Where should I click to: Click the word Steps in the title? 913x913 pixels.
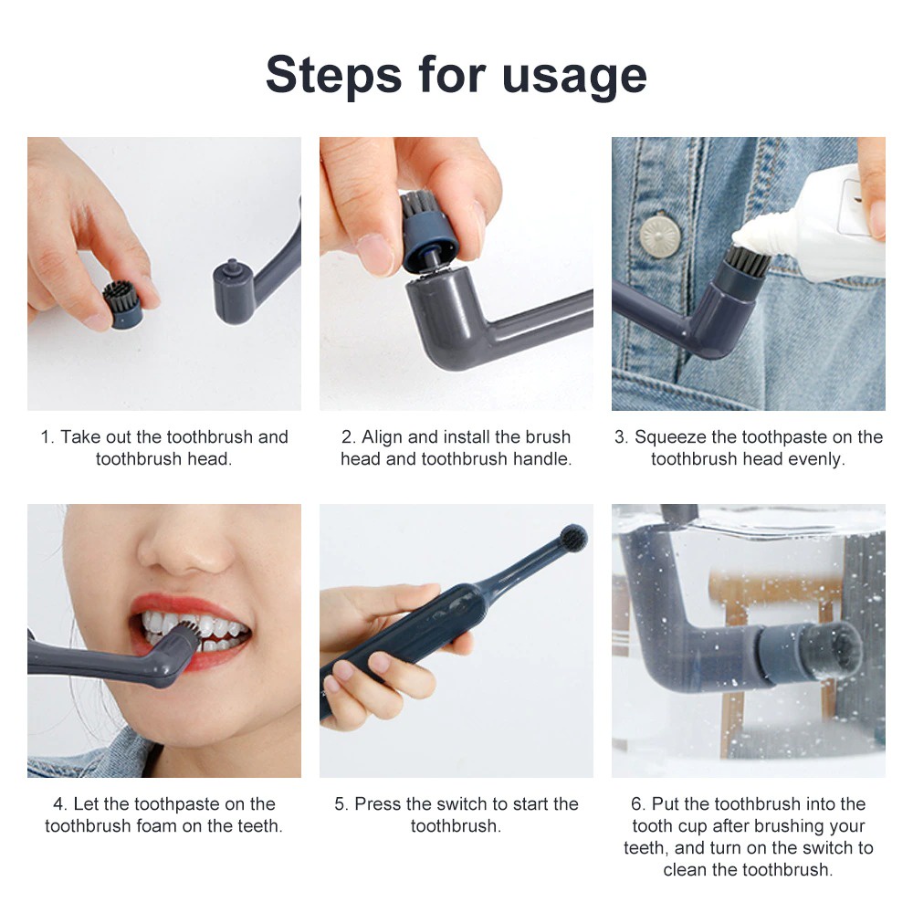pyautogui.click(x=333, y=75)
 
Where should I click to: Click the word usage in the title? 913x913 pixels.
pyautogui.click(x=574, y=78)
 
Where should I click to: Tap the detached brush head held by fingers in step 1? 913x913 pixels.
pyautogui.click(x=123, y=304)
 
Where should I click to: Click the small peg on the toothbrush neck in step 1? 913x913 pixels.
pyautogui.click(x=232, y=266)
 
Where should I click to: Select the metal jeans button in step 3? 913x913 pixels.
pyautogui.click(x=660, y=236)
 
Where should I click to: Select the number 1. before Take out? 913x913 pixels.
pyautogui.click(x=47, y=436)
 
